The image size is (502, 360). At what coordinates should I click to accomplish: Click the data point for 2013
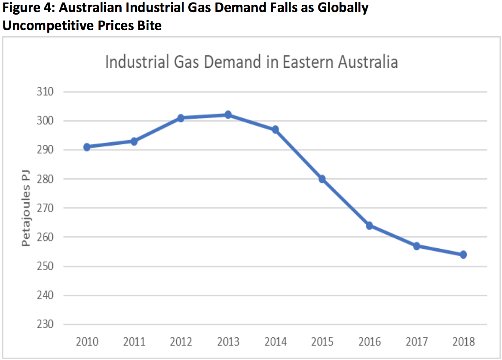[228, 115]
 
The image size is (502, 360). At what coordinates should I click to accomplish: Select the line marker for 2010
[87, 147]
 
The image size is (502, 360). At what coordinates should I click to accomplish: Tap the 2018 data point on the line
[463, 255]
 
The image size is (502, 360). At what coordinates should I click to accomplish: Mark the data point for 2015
[322, 179]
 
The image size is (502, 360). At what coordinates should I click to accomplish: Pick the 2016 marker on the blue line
[369, 226]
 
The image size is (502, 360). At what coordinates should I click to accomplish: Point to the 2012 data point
[181, 118]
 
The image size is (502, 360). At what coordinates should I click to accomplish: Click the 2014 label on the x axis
[275, 342]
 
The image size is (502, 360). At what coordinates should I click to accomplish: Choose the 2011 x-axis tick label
[134, 342]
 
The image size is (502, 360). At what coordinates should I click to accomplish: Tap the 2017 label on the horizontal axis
[416, 342]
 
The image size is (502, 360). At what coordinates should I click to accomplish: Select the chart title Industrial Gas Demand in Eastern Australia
[251, 62]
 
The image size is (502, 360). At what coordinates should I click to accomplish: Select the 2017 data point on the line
[416, 246]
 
